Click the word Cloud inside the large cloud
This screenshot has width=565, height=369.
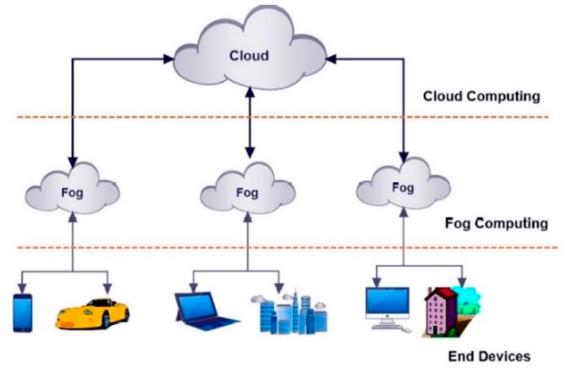pyautogui.click(x=249, y=56)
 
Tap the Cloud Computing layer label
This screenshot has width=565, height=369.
pyautogui.click(x=481, y=97)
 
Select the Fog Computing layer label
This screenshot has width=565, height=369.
pyautogui.click(x=496, y=224)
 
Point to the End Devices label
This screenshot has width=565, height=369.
pyautogui.click(x=489, y=356)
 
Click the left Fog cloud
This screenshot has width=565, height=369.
pyautogui.click(x=72, y=192)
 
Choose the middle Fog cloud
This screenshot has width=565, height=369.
pyautogui.click(x=247, y=192)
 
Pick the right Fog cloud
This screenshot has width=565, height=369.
pyautogui.click(x=403, y=187)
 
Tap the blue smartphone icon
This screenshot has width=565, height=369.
pyautogui.click(x=23, y=313)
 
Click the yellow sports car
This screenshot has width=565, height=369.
pyautogui.click(x=92, y=313)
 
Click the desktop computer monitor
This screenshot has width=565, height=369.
pyautogui.click(x=387, y=302)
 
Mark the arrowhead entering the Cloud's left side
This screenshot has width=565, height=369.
pyautogui.click(x=168, y=59)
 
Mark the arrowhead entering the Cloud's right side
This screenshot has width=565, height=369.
pyautogui.click(x=331, y=59)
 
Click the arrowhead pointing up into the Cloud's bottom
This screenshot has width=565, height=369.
pyautogui.click(x=250, y=92)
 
